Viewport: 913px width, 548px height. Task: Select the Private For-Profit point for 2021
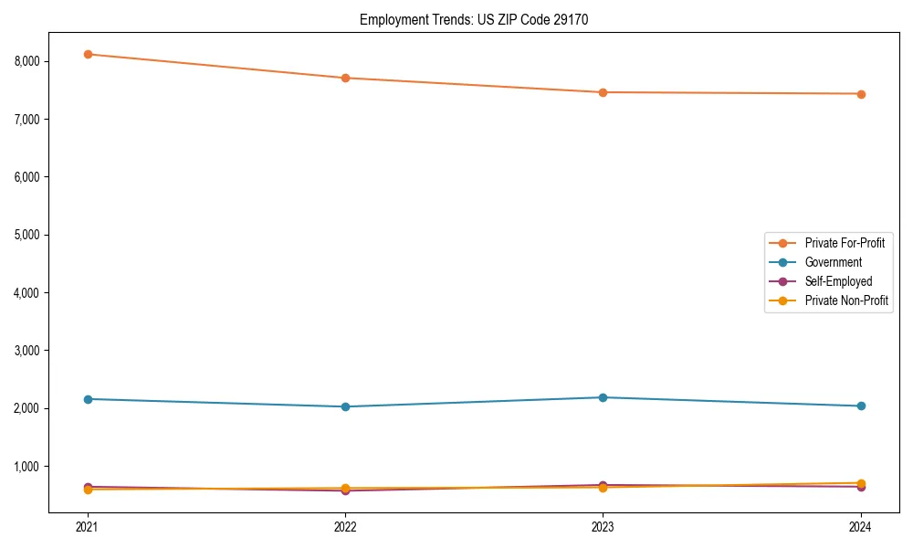[88, 54]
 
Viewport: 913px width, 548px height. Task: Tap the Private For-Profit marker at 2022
[345, 78]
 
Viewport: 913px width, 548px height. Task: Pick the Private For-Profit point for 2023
[603, 92]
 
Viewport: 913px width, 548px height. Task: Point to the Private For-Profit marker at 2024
[861, 94]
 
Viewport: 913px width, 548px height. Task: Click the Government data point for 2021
[88, 399]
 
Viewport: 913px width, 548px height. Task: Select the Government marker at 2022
[345, 406]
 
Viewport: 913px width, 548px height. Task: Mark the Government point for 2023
[603, 397]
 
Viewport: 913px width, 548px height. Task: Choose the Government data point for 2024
[861, 406]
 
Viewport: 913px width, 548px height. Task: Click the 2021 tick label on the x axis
[88, 526]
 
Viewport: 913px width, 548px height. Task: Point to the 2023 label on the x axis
[603, 526]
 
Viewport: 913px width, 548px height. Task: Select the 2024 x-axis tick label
[861, 526]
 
